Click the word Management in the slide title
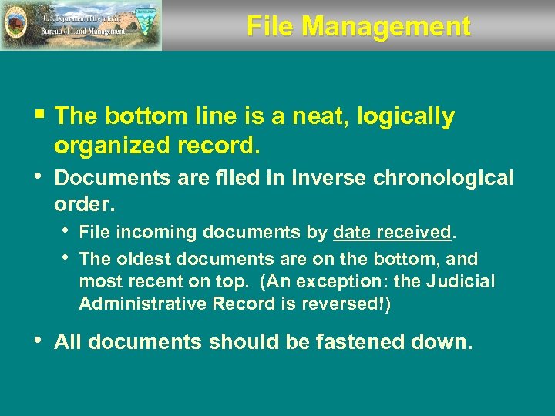pos(386,26)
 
